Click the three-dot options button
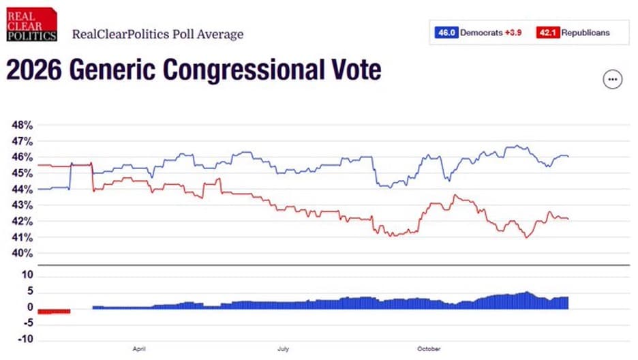coord(613,80)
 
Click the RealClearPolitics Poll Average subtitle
coord(157,34)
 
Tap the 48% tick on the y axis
coord(22,125)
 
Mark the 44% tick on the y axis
coord(22,189)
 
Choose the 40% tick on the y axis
coord(22,253)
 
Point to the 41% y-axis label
coord(22,237)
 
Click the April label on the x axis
coord(139,348)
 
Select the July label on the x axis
coord(284,348)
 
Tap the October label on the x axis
coord(429,348)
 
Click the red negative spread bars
coord(54,312)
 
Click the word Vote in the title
coord(352,71)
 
